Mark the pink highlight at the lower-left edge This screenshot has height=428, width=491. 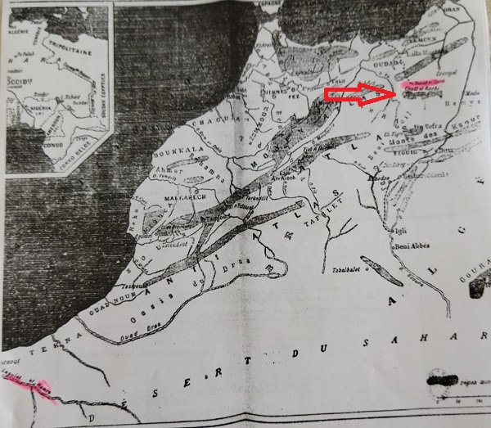(x=25, y=384)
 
